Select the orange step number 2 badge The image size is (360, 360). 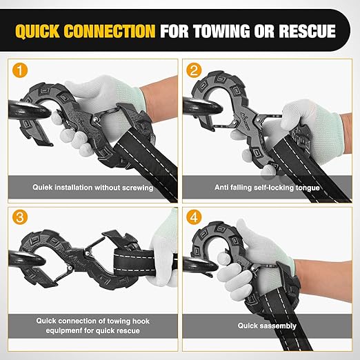[194, 70]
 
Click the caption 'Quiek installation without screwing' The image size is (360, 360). [92, 186]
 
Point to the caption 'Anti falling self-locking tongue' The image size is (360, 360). [267, 186]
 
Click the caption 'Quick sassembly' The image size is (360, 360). [267, 326]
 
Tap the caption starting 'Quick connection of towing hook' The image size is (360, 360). [92, 325]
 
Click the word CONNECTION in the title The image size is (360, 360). [112, 31]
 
